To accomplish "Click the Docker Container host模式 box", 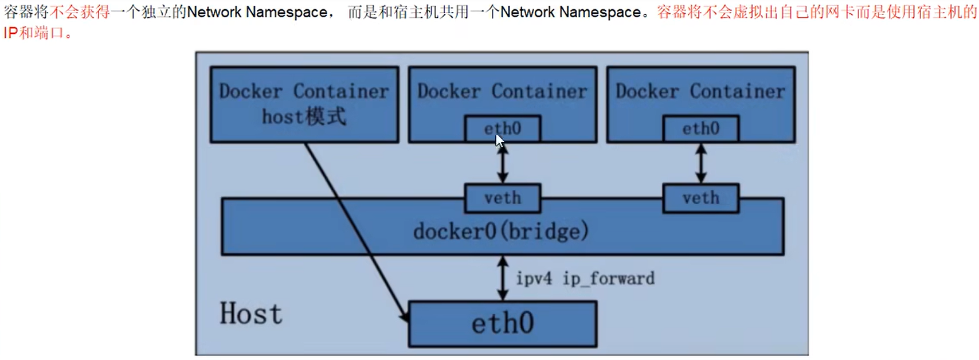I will pos(304,104).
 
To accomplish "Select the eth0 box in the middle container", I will pos(502,128).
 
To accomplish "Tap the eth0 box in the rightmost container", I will pos(700,128).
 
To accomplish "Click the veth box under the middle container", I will pos(502,198).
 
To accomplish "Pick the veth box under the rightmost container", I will pos(700,198).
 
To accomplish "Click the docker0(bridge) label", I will pos(501,232).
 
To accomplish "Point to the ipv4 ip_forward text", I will pos(585,279).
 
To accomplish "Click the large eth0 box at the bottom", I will pos(502,324).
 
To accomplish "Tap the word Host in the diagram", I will pos(251,314).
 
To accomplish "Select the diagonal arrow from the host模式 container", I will pos(355,229).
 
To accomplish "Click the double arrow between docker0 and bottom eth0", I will pos(503,278).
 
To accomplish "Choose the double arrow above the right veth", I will pos(700,163).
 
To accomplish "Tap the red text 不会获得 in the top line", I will pos(80,12).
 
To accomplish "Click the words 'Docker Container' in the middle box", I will pos(502,91).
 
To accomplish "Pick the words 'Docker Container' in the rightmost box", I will pos(700,91).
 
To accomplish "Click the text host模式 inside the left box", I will pos(304,117).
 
